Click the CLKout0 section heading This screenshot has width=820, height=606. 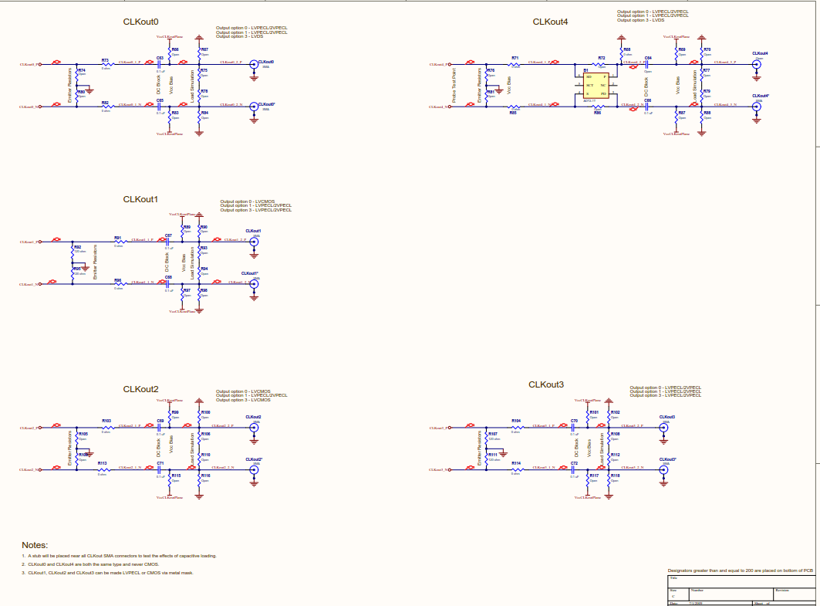[140, 22]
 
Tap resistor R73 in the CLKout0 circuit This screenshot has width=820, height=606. [106, 64]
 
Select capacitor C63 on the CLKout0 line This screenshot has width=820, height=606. [160, 64]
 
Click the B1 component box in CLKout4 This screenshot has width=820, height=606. [595, 84]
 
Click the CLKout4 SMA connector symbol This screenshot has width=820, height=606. [756, 65]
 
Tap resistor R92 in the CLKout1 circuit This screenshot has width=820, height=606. [73, 250]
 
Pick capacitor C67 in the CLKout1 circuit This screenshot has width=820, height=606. [168, 242]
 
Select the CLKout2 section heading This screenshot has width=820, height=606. [140, 389]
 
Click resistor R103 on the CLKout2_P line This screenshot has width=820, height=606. [107, 427]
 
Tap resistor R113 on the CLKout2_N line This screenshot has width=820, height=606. [103, 469]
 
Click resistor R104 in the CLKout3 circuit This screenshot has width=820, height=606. [516, 427]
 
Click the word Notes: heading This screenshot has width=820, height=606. [35, 545]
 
